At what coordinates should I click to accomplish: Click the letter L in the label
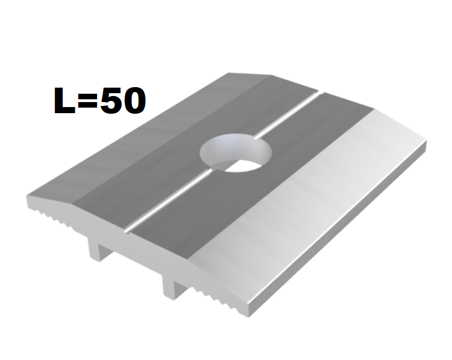point(64,100)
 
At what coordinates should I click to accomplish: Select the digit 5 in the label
point(111,100)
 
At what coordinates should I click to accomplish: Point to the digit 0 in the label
point(134,100)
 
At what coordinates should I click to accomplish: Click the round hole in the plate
point(235,152)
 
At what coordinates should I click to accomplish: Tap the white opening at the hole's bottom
point(243,166)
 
